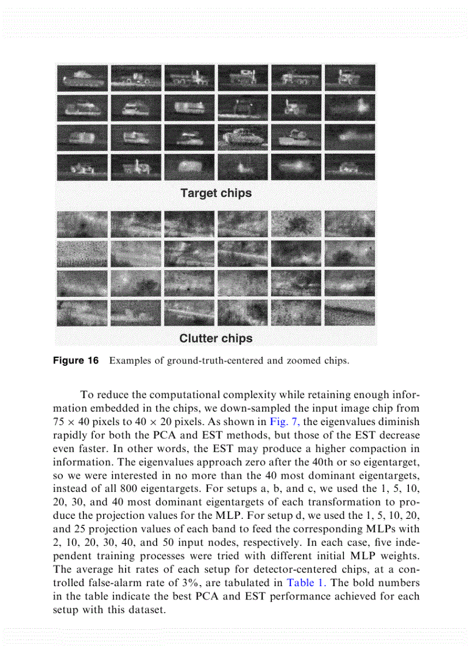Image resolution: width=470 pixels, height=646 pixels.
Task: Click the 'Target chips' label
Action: click(216, 193)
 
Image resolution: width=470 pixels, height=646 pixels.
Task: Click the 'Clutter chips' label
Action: click(216, 338)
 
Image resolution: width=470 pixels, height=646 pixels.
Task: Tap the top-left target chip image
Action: click(82, 77)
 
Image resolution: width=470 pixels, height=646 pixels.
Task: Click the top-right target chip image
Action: click(350, 77)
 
